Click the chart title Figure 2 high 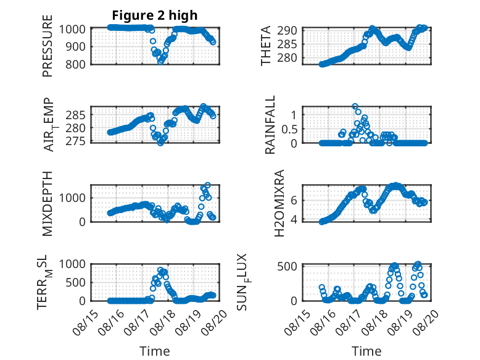click(x=155, y=15)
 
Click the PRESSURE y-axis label click(x=48, y=46)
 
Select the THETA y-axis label click(x=266, y=46)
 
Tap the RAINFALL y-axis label click(x=270, y=124)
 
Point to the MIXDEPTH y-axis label click(x=48, y=204)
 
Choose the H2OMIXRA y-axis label click(x=279, y=203)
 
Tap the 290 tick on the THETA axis click(x=287, y=31)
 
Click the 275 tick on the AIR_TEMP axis click(x=75, y=141)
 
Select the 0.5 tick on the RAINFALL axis click(x=289, y=129)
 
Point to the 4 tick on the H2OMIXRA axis click(x=294, y=220)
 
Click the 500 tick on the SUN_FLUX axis click(x=287, y=266)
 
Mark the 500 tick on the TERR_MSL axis click(x=75, y=282)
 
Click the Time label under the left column click(x=155, y=351)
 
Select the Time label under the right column click(x=366, y=351)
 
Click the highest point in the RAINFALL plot click(x=355, y=106)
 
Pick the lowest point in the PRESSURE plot click(x=160, y=62)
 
